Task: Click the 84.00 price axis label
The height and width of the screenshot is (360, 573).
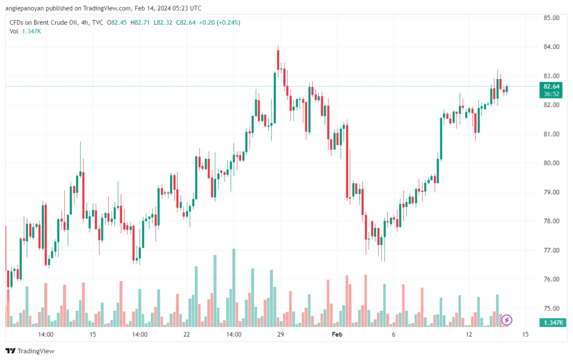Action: (x=551, y=47)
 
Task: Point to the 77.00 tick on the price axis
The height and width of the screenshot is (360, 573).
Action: (x=551, y=250)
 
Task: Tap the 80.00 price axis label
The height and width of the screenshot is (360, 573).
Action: (x=551, y=163)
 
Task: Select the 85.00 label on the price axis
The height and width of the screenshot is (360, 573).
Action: (x=551, y=18)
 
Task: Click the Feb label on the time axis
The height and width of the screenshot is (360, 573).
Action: (x=337, y=334)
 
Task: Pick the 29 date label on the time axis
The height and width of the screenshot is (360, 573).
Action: (x=281, y=334)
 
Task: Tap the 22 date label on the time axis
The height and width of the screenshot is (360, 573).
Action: (x=187, y=334)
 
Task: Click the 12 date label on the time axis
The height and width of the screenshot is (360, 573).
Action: (x=469, y=334)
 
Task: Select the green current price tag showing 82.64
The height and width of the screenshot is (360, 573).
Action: (x=551, y=90)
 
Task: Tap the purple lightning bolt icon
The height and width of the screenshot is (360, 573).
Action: (x=506, y=320)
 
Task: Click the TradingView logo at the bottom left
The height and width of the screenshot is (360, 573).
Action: (x=30, y=351)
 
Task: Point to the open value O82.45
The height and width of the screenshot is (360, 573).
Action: (x=116, y=22)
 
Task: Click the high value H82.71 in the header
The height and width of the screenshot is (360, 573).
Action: (x=140, y=22)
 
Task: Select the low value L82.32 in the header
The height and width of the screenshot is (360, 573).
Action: (x=163, y=22)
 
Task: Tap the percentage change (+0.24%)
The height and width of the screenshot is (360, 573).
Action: (x=228, y=22)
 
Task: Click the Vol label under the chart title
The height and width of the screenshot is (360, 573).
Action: (x=13, y=31)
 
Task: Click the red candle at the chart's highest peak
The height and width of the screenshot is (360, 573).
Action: (x=278, y=59)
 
